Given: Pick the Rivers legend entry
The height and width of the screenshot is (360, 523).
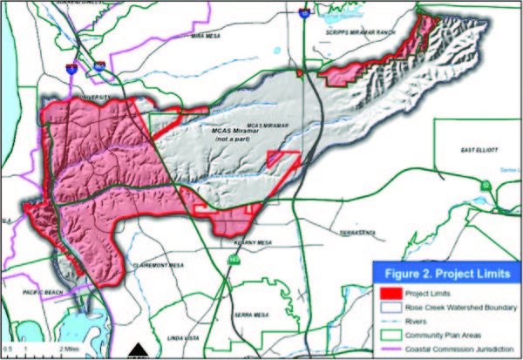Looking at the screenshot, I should click(x=420, y=322).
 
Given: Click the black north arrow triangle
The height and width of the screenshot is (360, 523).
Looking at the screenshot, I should click(x=137, y=351).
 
